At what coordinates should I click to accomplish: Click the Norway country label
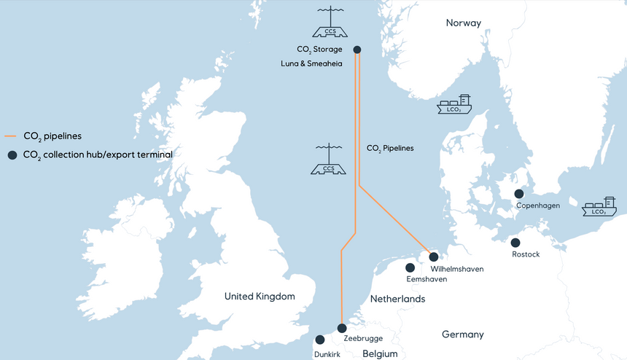click(x=464, y=23)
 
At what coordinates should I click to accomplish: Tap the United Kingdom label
click(x=260, y=297)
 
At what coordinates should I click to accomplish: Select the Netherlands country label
click(x=397, y=300)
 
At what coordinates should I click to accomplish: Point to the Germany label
click(x=462, y=334)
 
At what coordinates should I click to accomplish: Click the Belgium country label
click(x=380, y=354)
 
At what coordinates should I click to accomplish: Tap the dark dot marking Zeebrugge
click(x=342, y=328)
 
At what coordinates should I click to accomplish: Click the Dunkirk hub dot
click(x=320, y=340)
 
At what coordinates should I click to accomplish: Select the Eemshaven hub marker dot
click(x=410, y=267)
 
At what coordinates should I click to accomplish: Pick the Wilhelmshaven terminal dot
click(x=434, y=257)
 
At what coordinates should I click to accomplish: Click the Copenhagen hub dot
click(x=518, y=194)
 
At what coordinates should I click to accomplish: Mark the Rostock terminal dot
click(x=515, y=243)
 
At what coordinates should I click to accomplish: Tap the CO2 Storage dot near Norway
click(x=357, y=50)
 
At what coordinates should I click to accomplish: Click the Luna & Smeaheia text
click(x=311, y=64)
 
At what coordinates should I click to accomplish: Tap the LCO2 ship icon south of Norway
click(x=454, y=105)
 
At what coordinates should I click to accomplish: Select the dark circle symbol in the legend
click(x=11, y=155)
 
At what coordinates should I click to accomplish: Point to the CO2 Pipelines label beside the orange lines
click(x=389, y=148)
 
